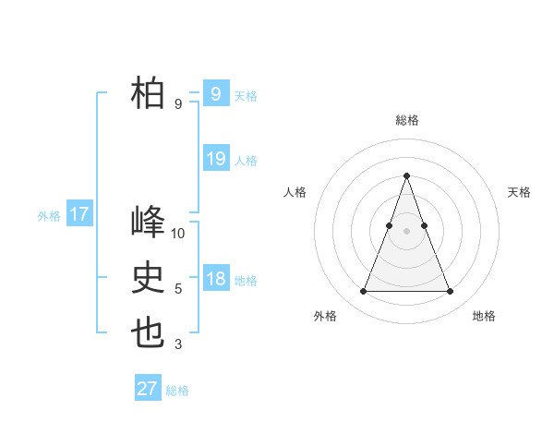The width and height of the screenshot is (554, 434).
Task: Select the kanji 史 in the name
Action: click(x=149, y=278)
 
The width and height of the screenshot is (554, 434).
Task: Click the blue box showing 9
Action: click(x=215, y=94)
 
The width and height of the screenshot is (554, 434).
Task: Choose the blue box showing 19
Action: click(x=215, y=159)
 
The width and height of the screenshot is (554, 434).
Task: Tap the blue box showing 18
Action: click(x=215, y=279)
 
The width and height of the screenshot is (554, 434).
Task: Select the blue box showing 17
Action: click(x=79, y=215)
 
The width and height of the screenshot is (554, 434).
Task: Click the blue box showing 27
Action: click(x=148, y=389)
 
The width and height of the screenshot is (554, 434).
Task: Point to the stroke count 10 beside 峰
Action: click(x=178, y=233)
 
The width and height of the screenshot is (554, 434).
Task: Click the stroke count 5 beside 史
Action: click(x=178, y=289)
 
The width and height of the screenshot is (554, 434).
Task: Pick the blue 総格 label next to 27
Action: click(x=177, y=391)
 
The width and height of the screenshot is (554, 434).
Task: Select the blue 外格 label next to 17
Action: click(x=49, y=216)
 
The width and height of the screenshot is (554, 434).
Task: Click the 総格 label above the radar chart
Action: click(x=406, y=120)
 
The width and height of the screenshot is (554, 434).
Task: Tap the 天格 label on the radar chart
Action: click(x=519, y=192)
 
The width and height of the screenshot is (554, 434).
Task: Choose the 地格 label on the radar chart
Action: click(x=484, y=316)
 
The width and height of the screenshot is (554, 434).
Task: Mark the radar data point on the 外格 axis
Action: click(x=363, y=292)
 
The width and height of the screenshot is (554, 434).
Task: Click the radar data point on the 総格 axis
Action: click(x=406, y=175)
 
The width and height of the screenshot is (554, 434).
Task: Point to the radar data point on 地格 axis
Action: click(x=450, y=292)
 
